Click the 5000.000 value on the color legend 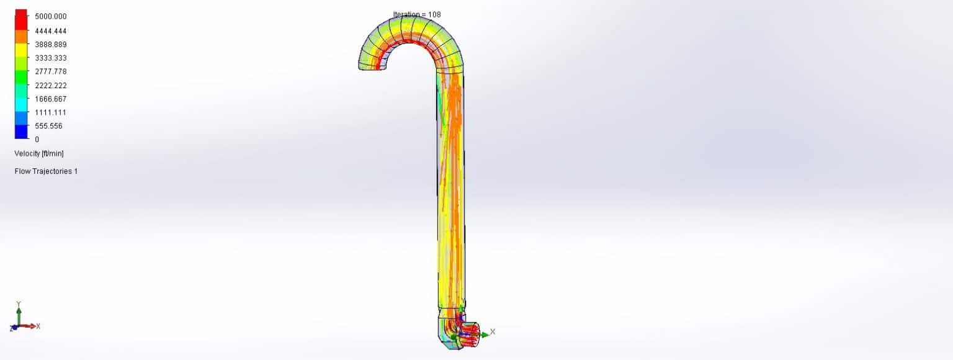(x=50, y=17)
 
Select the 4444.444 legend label (x=50, y=31)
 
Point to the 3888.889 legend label (x=50, y=45)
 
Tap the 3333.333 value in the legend (x=50, y=58)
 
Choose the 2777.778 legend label (x=50, y=71)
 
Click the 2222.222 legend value (x=50, y=86)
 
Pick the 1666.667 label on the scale (x=50, y=99)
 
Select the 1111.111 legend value (x=50, y=112)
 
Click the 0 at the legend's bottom (x=37, y=140)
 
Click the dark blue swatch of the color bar (x=21, y=132)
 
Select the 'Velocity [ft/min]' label (x=39, y=153)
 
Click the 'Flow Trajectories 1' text (x=46, y=171)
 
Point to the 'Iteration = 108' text (x=417, y=14)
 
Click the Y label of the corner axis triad (x=19, y=304)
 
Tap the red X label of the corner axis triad (x=38, y=326)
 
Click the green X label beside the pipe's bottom (x=493, y=332)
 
